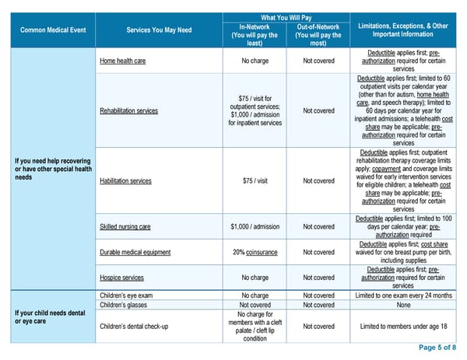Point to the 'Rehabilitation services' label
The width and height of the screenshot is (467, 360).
(128, 110)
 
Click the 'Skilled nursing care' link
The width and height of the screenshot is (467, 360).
(125, 227)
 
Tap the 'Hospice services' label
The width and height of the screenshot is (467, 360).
(121, 278)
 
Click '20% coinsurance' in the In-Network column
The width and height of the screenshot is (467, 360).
(255, 252)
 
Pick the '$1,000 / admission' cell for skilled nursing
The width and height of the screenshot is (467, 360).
(255, 227)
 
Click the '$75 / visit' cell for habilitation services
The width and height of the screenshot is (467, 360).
(255, 181)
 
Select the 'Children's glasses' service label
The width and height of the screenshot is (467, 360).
(125, 306)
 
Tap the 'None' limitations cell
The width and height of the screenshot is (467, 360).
(403, 306)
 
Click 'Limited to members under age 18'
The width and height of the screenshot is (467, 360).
(403, 326)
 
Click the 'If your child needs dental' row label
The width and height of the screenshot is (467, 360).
(51, 314)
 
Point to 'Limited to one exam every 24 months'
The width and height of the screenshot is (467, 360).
(403, 295)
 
